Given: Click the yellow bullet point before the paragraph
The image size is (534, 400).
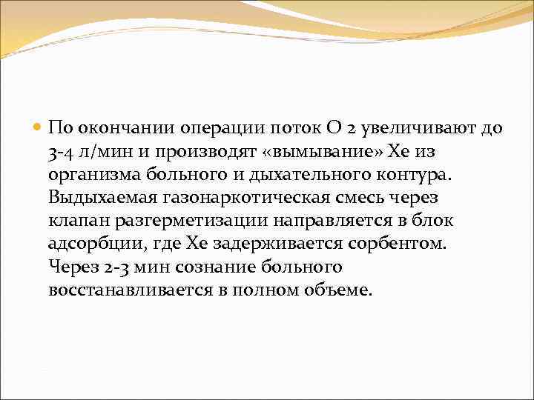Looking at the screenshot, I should [x=38, y=127].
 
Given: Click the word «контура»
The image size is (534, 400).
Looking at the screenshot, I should [x=415, y=174].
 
